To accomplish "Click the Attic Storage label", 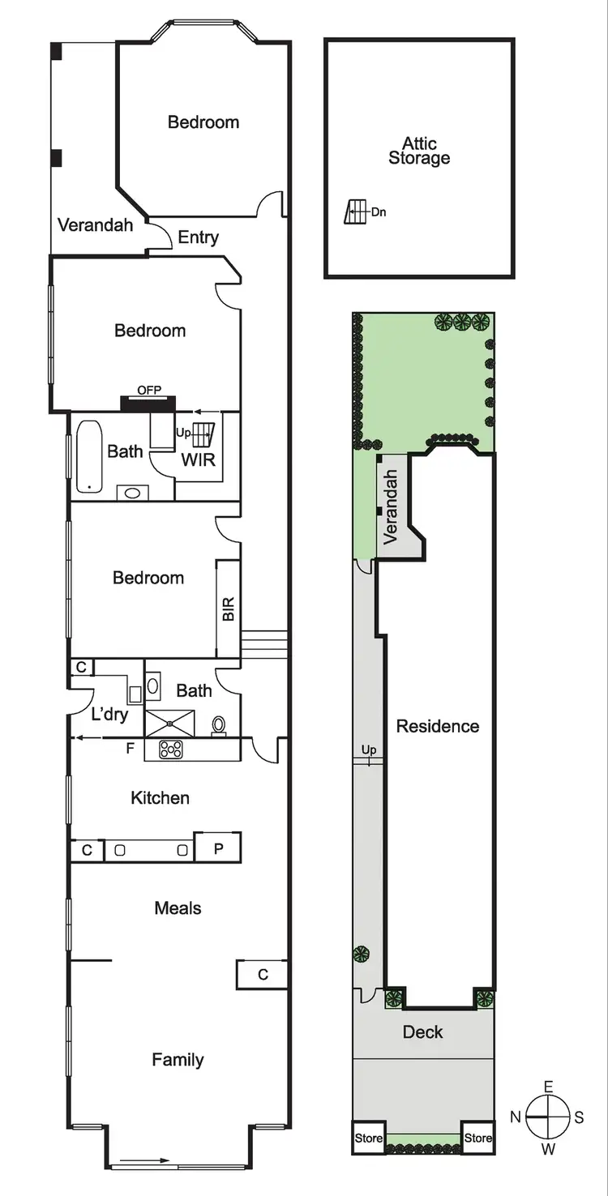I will pyautogui.click(x=419, y=152).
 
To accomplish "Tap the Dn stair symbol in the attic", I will pyautogui.click(x=354, y=212).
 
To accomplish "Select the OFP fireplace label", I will pyautogui.click(x=149, y=391).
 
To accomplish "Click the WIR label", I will pyautogui.click(x=199, y=462).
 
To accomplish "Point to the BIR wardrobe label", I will pyautogui.click(x=229, y=609).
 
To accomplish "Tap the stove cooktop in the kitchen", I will pyautogui.click(x=171, y=750).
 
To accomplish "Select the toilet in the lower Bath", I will pyautogui.click(x=219, y=724).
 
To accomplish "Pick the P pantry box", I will pyautogui.click(x=218, y=848).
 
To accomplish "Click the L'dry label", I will pyautogui.click(x=109, y=715).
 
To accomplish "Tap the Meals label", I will pyautogui.click(x=178, y=908).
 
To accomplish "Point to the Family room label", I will pyautogui.click(x=178, y=1059).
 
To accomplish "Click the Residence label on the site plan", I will pyautogui.click(x=438, y=726).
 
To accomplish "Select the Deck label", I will pyautogui.click(x=423, y=1032).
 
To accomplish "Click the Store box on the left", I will pyautogui.click(x=368, y=1138).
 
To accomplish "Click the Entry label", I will pyautogui.click(x=199, y=237).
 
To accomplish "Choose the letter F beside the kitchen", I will pyautogui.click(x=129, y=749).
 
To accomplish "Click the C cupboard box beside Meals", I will pyautogui.click(x=263, y=975).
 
